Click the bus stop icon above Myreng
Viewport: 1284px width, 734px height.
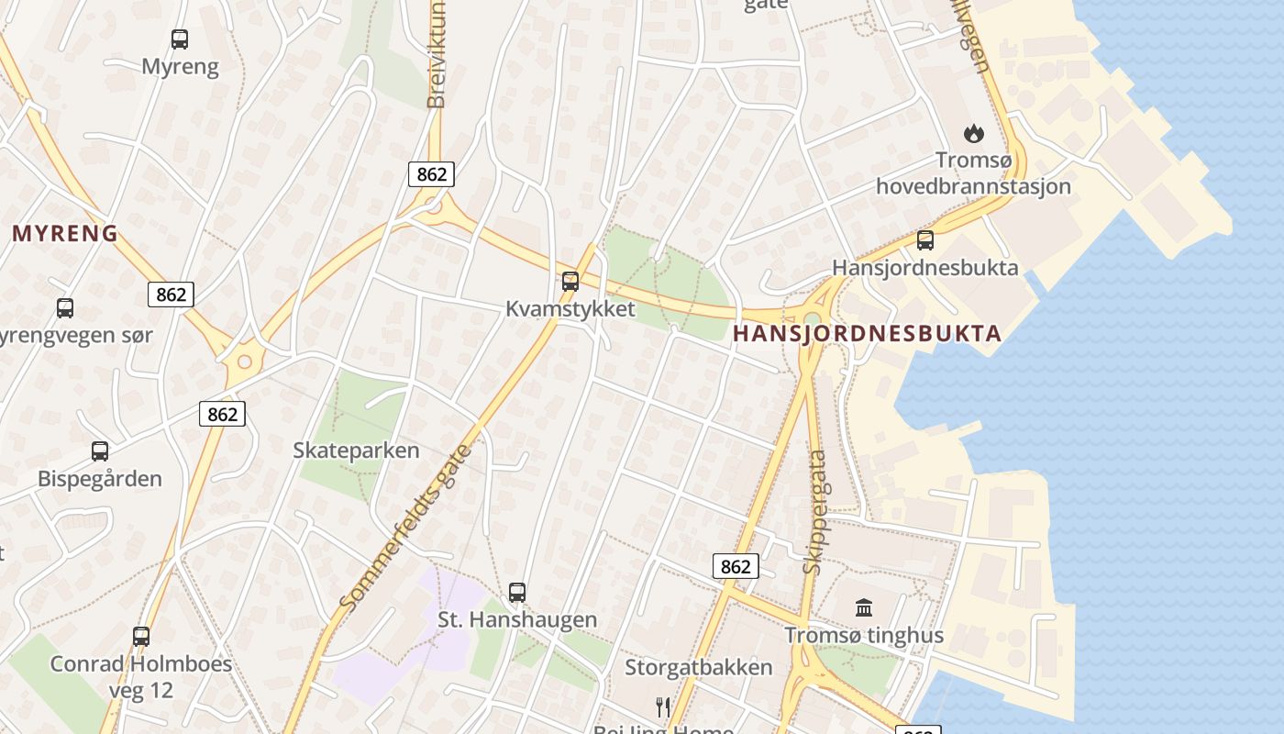point(180,39)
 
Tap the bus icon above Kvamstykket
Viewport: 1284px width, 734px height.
point(570,282)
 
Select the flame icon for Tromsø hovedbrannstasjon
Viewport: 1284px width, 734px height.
point(973,134)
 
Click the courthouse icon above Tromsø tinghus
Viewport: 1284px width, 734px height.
point(863,607)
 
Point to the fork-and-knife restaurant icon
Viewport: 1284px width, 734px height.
point(663,706)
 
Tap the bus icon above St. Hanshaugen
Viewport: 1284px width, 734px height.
point(517,593)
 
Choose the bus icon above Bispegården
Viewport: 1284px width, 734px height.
point(100,451)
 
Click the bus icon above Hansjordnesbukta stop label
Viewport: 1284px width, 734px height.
point(925,240)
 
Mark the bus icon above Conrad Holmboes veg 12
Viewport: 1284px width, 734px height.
point(141,636)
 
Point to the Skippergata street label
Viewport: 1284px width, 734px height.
point(814,512)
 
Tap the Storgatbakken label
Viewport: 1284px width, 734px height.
point(698,667)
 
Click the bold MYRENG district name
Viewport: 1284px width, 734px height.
point(65,234)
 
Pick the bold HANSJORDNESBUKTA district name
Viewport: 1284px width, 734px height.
point(867,334)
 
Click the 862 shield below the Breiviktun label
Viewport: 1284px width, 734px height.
point(431,174)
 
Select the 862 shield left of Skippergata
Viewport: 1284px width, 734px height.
point(736,567)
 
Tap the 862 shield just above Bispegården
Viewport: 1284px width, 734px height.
point(222,414)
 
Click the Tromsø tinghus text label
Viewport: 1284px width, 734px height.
point(864,635)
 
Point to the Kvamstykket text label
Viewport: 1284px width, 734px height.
point(570,309)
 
